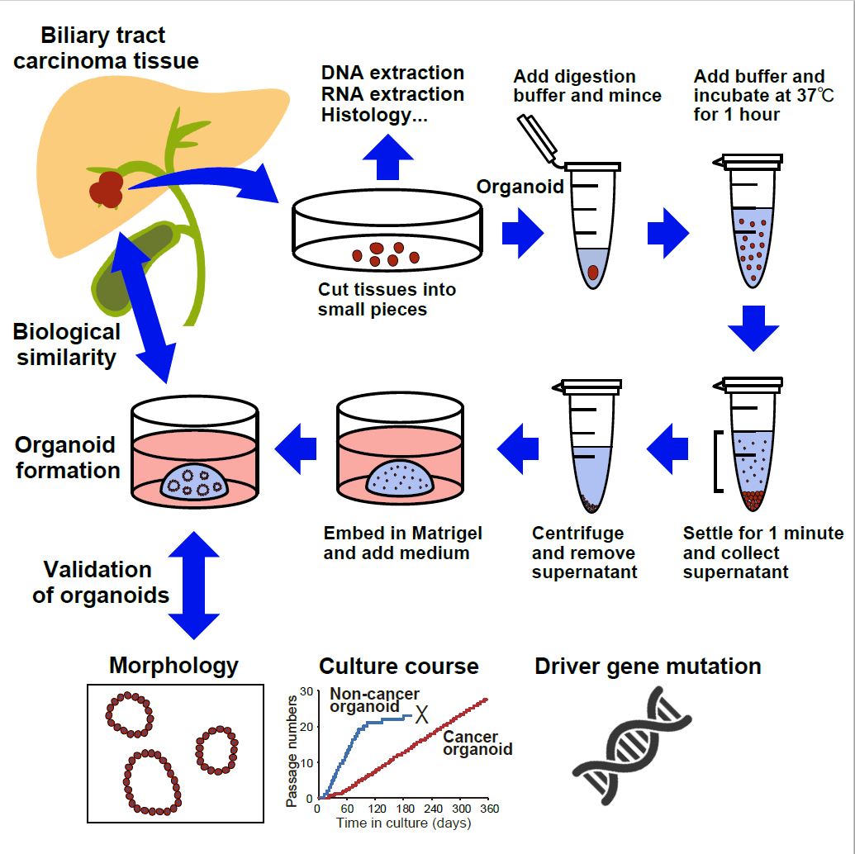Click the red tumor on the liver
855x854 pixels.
click(x=107, y=187)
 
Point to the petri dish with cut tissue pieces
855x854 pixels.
click(x=386, y=235)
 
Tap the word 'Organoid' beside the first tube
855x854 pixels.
click(x=520, y=187)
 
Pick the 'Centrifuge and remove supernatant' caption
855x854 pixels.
click(x=583, y=553)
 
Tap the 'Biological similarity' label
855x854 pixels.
click(x=66, y=344)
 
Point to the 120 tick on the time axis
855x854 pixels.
click(x=378, y=809)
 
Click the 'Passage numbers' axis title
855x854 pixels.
click(x=292, y=750)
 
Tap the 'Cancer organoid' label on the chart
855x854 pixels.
click(x=477, y=743)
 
